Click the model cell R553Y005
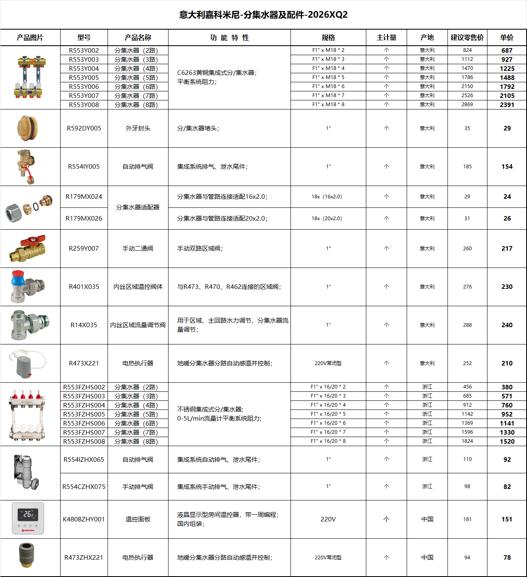coord(84,77)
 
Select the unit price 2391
coord(507,105)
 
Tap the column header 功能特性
coord(229,37)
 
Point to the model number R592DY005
coord(84,128)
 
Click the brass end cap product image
coord(28,128)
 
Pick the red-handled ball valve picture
coord(28,248)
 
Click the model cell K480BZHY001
coord(84,519)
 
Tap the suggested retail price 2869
coord(467,105)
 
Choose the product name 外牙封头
coord(138,128)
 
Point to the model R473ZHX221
coord(84,557)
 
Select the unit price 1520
coord(507,441)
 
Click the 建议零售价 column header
coord(467,37)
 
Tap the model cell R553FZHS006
coord(84,423)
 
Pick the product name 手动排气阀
coord(138,486)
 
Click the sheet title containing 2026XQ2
coord(263,15)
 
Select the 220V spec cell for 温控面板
coord(328,519)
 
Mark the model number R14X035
coord(84,325)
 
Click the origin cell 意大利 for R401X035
coord(427,286)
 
